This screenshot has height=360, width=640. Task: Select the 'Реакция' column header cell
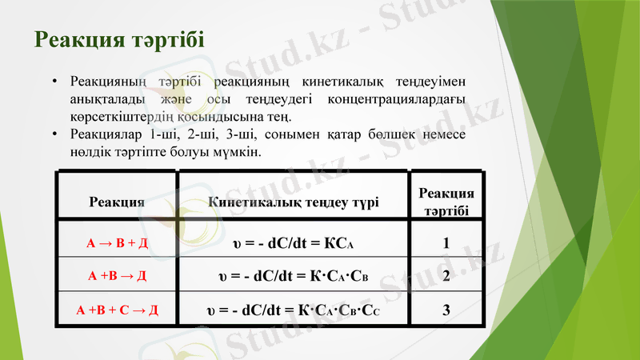pos(117,202)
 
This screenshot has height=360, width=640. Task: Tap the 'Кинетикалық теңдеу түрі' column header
pos(293,202)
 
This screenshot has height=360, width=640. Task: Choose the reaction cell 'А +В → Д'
pos(117,276)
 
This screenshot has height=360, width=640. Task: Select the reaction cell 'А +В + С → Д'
pos(117,309)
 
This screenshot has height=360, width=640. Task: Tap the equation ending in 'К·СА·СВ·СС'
pos(293,310)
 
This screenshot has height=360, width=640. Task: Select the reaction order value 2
pos(446,277)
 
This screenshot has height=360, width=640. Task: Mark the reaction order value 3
pos(446,310)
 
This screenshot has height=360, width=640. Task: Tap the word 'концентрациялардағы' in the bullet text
pos(399,100)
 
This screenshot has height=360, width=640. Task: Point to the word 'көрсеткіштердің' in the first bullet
pos(117,117)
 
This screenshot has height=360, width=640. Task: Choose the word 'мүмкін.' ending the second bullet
pos(238,151)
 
